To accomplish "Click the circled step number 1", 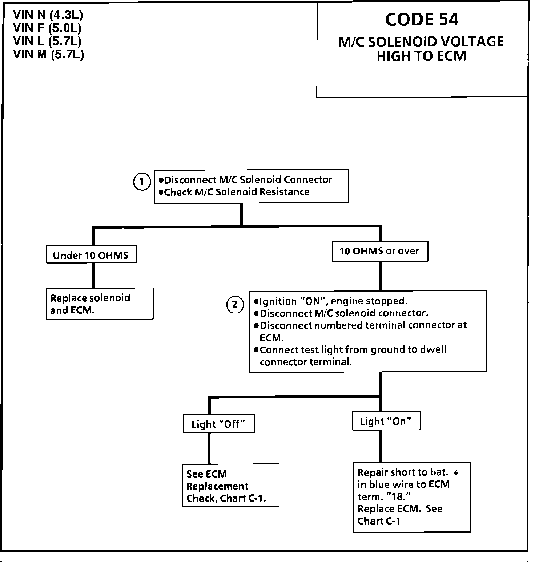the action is (x=142, y=182).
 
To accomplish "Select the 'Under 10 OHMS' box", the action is (x=91, y=254).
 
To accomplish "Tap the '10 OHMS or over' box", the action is (x=380, y=251).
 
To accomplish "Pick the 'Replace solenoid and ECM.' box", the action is (x=100, y=304).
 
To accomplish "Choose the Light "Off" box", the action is (x=219, y=424).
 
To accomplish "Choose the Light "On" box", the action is (x=386, y=421).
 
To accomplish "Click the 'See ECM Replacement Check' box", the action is (x=230, y=485).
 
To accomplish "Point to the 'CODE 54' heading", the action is (x=422, y=20).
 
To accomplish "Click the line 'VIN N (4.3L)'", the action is (x=48, y=15).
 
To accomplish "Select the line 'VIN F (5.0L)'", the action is (x=47, y=28).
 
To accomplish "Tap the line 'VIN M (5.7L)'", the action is (x=49, y=54).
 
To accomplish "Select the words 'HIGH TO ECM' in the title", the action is (x=422, y=56).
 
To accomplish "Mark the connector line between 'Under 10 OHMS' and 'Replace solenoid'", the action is (x=93, y=275).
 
